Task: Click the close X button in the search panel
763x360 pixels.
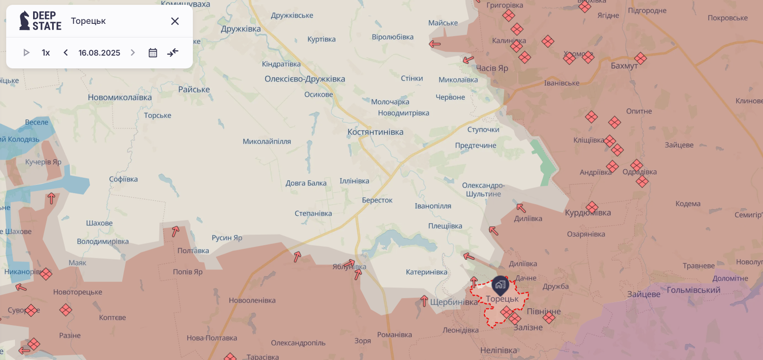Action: tap(175, 21)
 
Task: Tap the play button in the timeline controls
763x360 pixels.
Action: tap(26, 52)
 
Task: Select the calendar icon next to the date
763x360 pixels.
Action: tap(153, 52)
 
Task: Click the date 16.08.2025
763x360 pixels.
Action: tap(99, 52)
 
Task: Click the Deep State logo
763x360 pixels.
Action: tap(40, 21)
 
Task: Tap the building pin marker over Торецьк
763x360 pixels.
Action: tap(500, 285)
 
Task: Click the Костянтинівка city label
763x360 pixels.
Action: tap(375, 132)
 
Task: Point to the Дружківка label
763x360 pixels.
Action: tap(241, 29)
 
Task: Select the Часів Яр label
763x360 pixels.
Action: tap(492, 68)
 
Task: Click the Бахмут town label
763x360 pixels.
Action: tap(624, 66)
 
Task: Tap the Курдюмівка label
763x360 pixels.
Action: tap(588, 213)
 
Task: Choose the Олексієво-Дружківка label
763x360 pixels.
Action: tap(304, 79)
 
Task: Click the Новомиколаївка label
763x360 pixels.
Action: tap(120, 97)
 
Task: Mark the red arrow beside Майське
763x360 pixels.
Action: tap(435, 44)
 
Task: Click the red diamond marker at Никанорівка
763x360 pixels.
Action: tap(46, 274)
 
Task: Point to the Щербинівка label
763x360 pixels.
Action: tap(454, 302)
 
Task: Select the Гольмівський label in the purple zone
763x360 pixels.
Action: tap(693, 290)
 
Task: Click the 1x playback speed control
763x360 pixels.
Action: tap(46, 52)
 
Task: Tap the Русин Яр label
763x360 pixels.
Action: tap(227, 238)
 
